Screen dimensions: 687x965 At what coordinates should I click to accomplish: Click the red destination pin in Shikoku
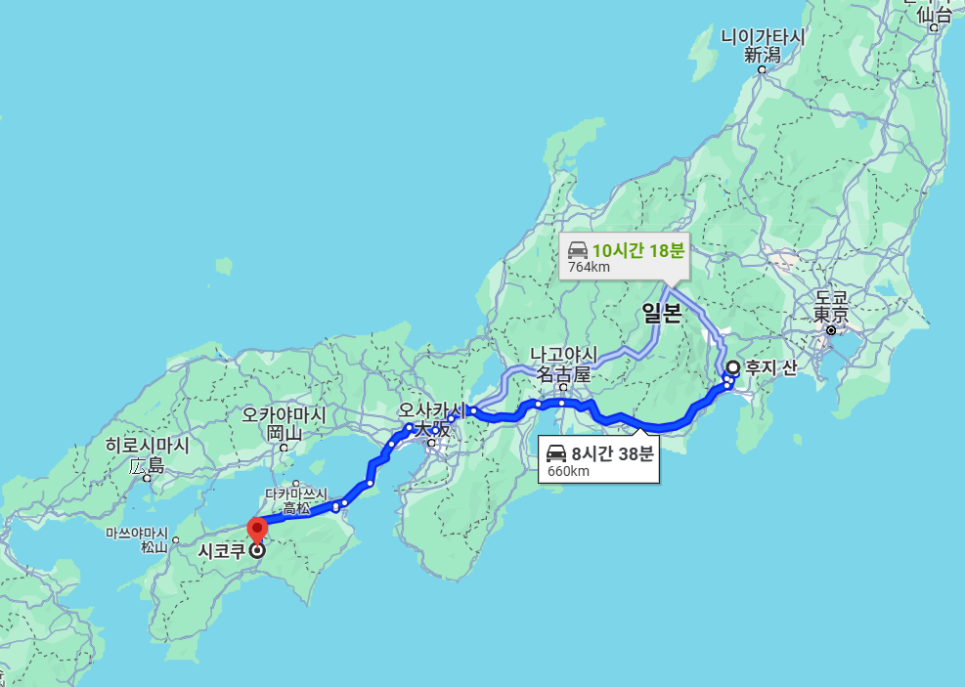click(x=257, y=531)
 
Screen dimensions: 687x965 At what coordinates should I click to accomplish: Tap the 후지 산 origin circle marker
click(x=733, y=367)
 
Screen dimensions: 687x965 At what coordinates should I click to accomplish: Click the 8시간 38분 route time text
click(x=612, y=452)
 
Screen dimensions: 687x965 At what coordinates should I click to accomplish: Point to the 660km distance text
click(x=568, y=471)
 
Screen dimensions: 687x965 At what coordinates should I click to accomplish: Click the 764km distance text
click(x=590, y=267)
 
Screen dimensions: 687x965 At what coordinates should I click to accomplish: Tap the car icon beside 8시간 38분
click(x=556, y=453)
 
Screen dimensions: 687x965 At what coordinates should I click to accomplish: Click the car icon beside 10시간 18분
click(x=578, y=249)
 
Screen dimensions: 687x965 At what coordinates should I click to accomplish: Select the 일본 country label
click(x=661, y=313)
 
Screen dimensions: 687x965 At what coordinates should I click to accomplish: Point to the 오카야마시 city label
click(x=285, y=414)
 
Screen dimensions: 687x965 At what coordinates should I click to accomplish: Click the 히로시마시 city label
click(x=148, y=446)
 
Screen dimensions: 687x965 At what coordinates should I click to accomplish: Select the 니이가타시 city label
click(x=763, y=37)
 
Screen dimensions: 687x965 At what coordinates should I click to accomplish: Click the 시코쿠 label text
click(x=220, y=551)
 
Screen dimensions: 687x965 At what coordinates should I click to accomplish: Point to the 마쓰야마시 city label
click(x=136, y=534)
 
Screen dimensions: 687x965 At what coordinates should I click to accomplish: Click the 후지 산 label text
click(x=771, y=368)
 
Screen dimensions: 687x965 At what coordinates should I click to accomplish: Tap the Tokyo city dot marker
click(x=831, y=330)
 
